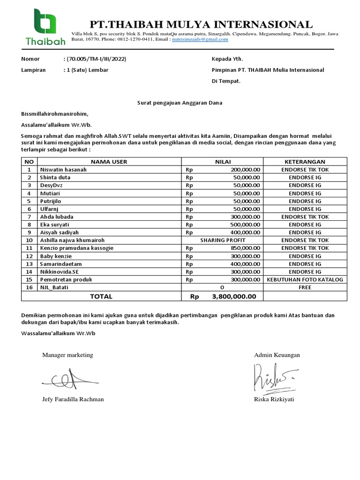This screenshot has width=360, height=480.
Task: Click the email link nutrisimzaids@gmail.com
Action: point(200,39)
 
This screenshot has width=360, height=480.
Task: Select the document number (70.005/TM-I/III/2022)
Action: point(96,59)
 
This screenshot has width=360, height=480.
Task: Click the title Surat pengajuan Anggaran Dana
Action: point(180,103)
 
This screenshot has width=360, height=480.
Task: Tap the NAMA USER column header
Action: point(109,162)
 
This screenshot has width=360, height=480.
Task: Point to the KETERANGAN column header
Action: point(305,162)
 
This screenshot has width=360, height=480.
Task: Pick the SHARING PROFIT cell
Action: point(222,240)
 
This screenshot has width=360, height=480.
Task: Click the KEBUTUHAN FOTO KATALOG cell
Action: point(305,279)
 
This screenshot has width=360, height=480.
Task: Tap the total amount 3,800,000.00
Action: point(234,296)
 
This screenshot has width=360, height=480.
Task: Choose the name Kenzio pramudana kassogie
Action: point(76,248)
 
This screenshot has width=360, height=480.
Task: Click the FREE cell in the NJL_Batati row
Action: point(305,287)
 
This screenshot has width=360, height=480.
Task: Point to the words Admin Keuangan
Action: point(277,355)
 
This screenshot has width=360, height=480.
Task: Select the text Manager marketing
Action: point(67,355)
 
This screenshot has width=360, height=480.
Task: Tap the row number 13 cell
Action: point(29,264)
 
